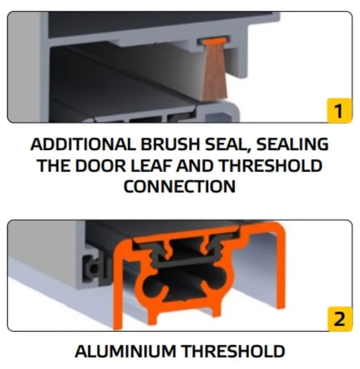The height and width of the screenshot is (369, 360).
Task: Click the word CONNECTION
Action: point(179,186)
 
